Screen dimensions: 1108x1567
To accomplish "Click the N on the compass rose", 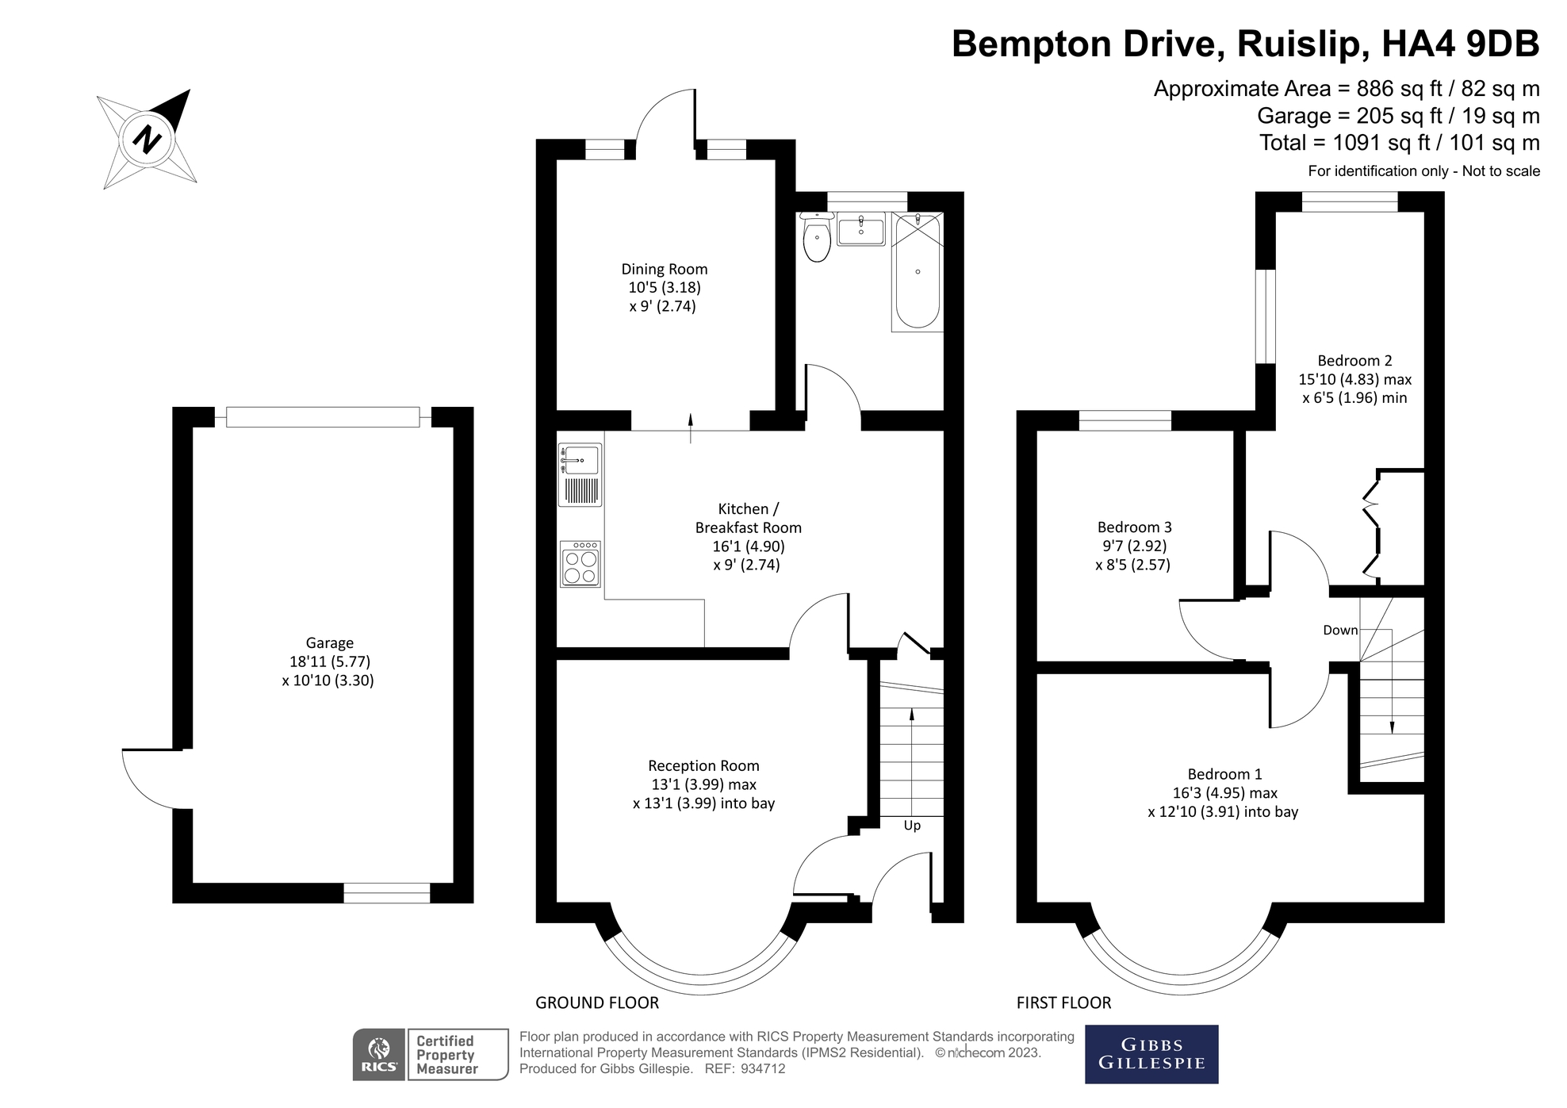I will (x=147, y=140).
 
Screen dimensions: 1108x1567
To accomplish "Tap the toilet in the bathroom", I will (x=816, y=237).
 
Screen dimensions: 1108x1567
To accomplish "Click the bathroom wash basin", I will (x=860, y=230).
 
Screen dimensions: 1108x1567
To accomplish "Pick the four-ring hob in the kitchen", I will (x=580, y=564).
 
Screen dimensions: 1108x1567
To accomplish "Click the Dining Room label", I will (x=664, y=270).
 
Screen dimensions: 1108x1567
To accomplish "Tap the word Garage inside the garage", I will (x=329, y=643).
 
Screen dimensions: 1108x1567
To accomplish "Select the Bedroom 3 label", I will (x=1134, y=527).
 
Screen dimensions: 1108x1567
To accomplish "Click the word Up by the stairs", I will (x=912, y=826).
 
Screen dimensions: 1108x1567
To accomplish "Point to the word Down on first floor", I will (x=1340, y=631).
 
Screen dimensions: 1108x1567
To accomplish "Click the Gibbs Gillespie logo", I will (x=1151, y=1054).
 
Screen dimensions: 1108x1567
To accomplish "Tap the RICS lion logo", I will (x=380, y=1055).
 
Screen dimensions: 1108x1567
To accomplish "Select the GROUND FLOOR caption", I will (x=596, y=1003).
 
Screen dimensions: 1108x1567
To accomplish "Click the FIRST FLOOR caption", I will (x=1063, y=1003).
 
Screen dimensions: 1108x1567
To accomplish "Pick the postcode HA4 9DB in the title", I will (x=1460, y=44).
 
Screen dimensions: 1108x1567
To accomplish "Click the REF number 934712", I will (x=762, y=1068).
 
